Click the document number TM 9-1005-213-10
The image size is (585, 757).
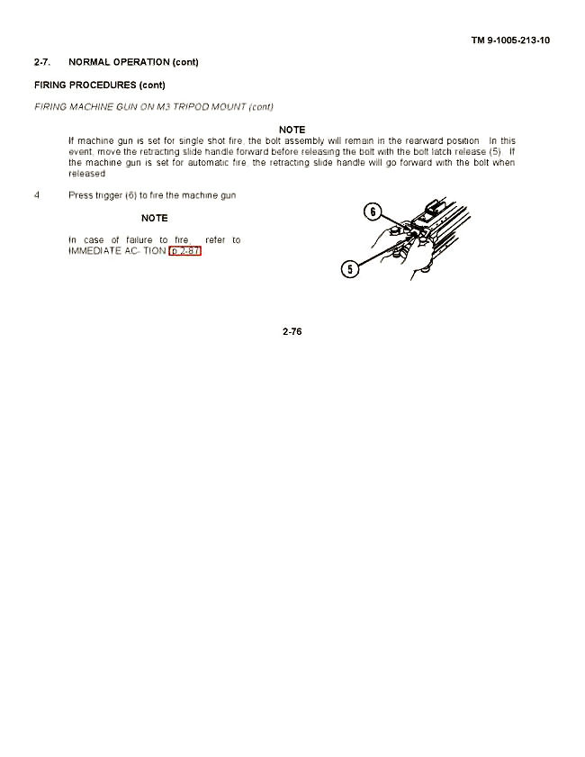510,41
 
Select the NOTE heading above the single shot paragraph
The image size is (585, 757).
292,131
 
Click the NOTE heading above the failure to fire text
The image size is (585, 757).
155,219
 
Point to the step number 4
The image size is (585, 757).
37,195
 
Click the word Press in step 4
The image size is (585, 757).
80,195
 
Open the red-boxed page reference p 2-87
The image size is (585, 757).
185,251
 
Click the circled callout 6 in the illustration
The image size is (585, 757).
371,213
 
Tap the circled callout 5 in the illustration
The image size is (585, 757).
351,267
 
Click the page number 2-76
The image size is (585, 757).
292,332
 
